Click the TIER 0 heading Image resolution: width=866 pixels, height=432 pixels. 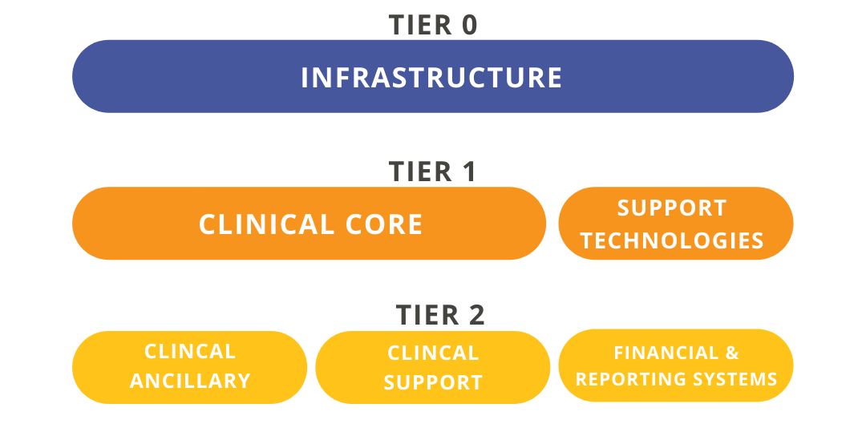pyautogui.click(x=432, y=26)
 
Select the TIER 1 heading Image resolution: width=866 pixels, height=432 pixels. pyautogui.click(x=432, y=172)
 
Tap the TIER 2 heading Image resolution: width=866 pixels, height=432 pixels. pyautogui.click(x=440, y=315)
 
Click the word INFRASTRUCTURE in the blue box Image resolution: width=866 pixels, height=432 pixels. pyautogui.click(x=431, y=78)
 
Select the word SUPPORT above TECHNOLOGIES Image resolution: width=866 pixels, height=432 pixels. pyautogui.click(x=672, y=208)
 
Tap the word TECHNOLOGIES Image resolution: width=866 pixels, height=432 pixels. pyautogui.click(x=672, y=241)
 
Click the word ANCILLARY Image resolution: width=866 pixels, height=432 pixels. pyautogui.click(x=190, y=381)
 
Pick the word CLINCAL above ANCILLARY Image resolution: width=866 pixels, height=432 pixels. pyautogui.click(x=190, y=351)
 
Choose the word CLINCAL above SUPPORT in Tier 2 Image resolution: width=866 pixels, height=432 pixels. pyautogui.click(x=433, y=353)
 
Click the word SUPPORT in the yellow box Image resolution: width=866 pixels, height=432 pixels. pyautogui.click(x=433, y=382)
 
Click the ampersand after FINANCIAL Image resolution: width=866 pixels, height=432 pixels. pyautogui.click(x=732, y=353)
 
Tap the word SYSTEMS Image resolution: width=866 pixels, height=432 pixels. pyautogui.click(x=736, y=379)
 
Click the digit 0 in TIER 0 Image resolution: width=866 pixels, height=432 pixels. pyautogui.click(x=469, y=26)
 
